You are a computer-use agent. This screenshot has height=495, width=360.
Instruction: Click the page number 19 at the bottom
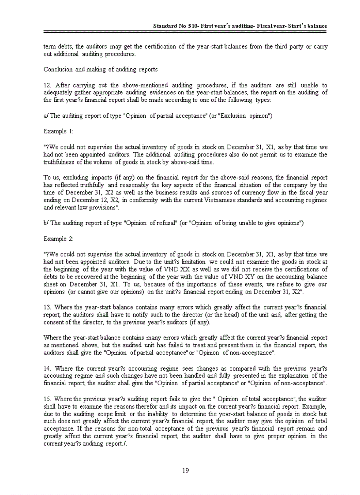click(185, 471)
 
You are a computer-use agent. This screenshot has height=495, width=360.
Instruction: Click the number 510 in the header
click(191, 26)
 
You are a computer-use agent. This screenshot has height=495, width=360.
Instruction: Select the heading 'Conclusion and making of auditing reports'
click(101, 70)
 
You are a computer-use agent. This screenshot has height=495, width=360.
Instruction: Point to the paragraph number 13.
click(48, 307)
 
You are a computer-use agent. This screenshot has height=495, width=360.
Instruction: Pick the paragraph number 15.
click(48, 399)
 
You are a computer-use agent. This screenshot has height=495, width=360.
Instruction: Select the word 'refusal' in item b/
click(165, 223)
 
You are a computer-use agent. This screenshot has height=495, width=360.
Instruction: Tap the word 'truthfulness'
click(60, 162)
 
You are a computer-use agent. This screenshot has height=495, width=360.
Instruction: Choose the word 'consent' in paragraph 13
click(53, 322)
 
